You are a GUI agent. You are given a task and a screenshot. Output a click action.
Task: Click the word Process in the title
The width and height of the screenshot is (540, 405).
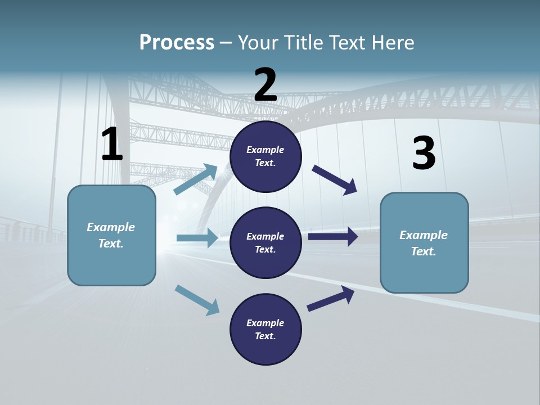pos(177,43)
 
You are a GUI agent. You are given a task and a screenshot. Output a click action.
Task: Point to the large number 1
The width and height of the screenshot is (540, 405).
pos(112,145)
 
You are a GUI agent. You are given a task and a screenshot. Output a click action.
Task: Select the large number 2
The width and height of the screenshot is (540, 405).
pos(265,85)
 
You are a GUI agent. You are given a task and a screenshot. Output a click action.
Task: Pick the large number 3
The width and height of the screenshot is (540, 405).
pos(424,154)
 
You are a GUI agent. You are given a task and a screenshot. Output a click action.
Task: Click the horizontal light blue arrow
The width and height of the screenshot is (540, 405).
pos(197,238)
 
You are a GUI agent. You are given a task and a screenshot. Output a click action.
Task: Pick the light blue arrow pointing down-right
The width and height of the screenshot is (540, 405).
pos(197,299)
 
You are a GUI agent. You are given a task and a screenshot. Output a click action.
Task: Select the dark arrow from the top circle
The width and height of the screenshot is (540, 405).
pos(335,179)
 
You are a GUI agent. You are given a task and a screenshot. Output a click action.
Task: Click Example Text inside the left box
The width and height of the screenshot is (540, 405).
pos(111,235)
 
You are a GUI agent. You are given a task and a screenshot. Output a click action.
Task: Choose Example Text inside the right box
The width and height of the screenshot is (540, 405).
pos(424,243)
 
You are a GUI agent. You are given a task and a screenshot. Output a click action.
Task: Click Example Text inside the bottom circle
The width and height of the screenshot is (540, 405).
pos(265,330)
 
